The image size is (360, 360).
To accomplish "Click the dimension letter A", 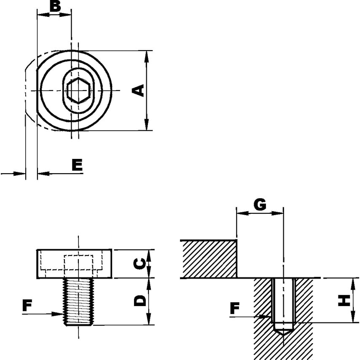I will click(139, 90).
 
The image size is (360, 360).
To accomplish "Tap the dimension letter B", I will click(55, 7).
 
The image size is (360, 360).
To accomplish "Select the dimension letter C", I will click(140, 264).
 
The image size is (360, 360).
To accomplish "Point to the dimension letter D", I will click(140, 301).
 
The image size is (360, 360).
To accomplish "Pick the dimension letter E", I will click(77, 165).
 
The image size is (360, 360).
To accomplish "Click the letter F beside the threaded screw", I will click(27, 306).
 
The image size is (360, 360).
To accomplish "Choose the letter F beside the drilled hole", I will click(235, 309).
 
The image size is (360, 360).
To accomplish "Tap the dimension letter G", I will click(260, 204).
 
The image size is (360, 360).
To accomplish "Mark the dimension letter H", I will click(345, 300).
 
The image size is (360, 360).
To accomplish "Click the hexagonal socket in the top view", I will click(78, 90).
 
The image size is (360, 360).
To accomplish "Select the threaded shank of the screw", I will click(78, 301).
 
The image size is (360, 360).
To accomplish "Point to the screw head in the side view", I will click(75, 264).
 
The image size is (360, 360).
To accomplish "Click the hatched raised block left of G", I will click(209, 259).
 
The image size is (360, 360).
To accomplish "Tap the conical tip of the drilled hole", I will click(283, 333).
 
